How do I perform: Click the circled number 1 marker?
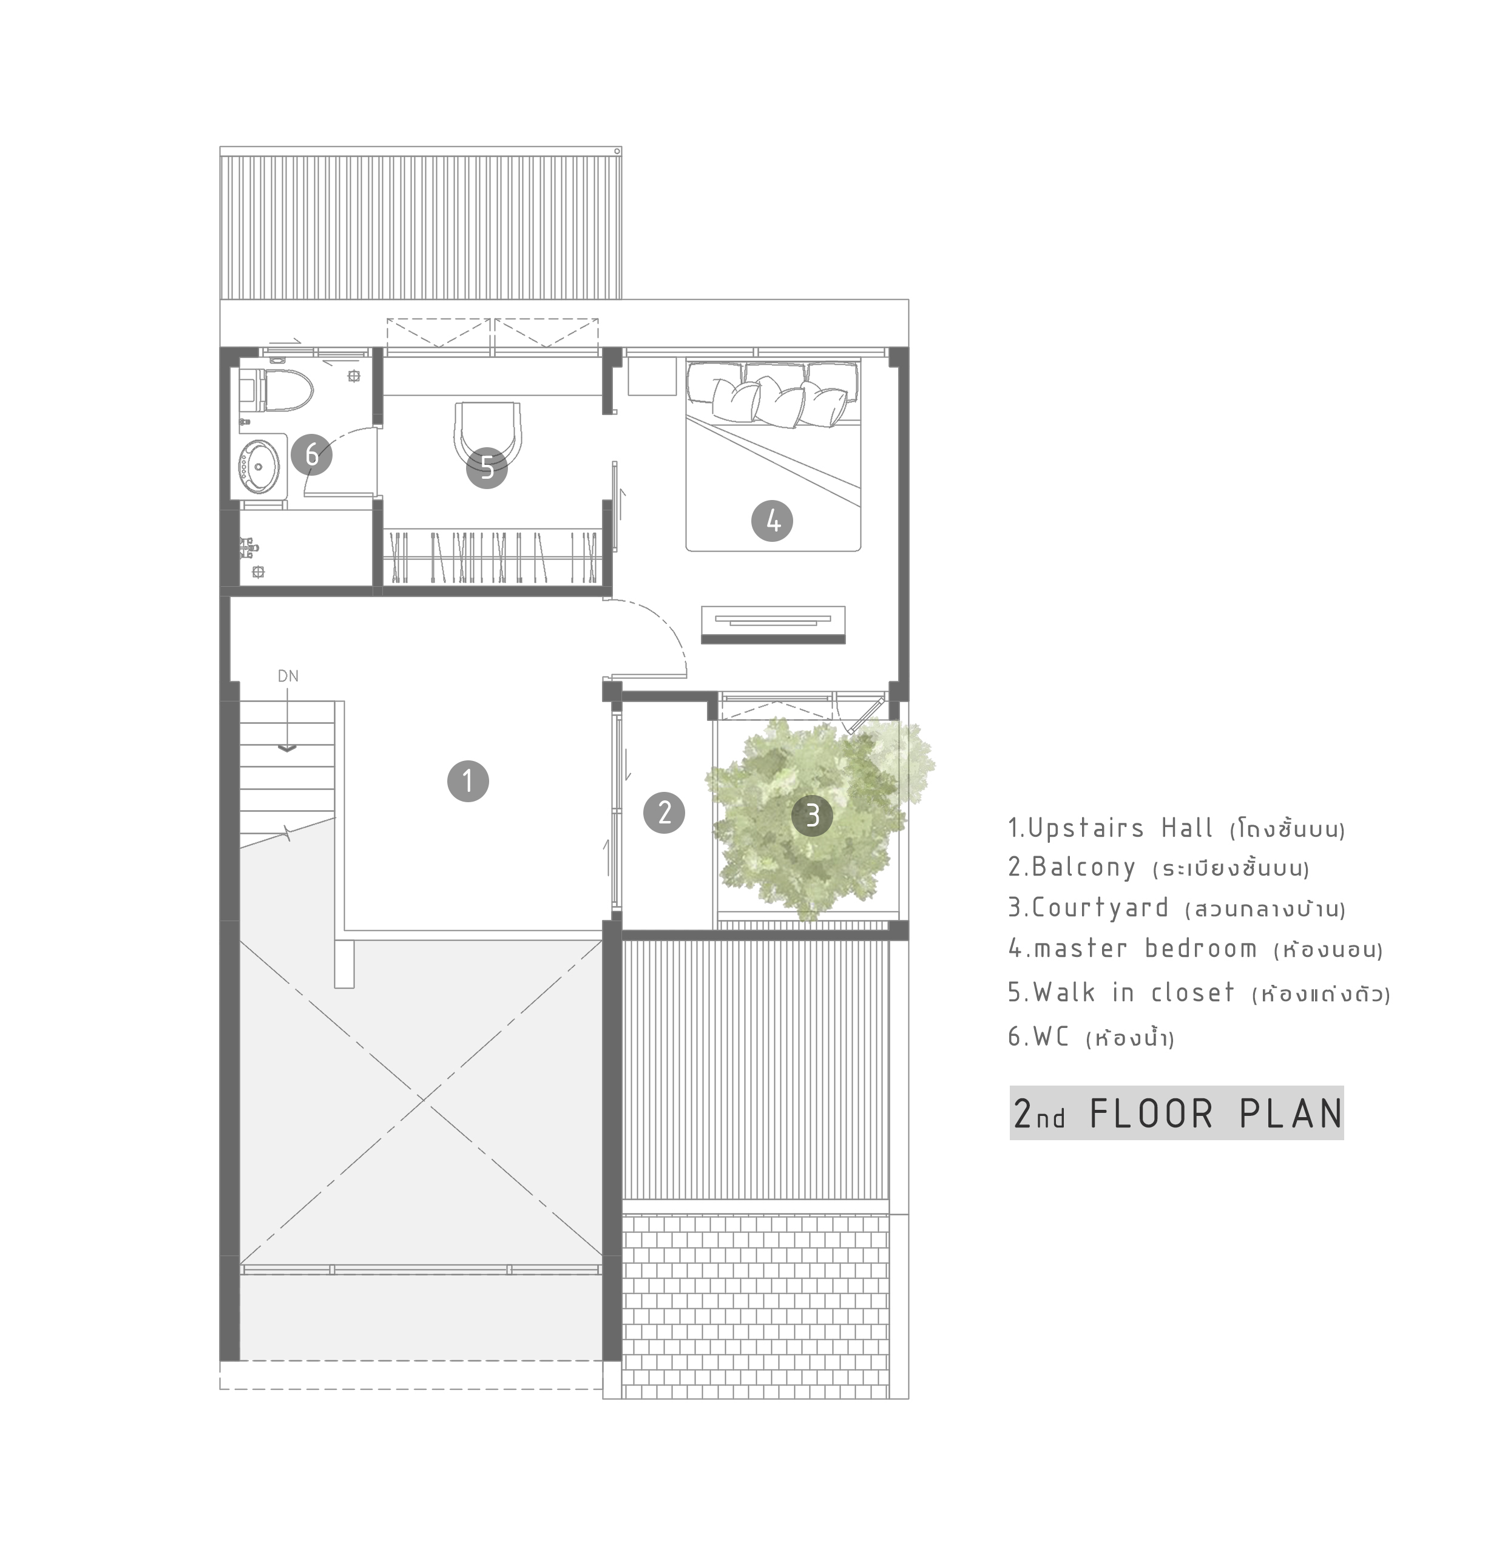pyautogui.click(x=468, y=781)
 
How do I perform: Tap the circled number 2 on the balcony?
pyautogui.click(x=664, y=813)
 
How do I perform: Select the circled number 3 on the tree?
pyautogui.click(x=813, y=815)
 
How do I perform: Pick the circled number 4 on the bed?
pyautogui.click(x=773, y=521)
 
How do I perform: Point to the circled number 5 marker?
pyautogui.click(x=487, y=468)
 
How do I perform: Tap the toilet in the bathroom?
pyautogui.click(x=276, y=391)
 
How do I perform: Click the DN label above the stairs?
pyautogui.click(x=288, y=676)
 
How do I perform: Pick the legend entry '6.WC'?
pyautogui.click(x=1039, y=1036)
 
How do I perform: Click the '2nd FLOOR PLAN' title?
pyautogui.click(x=1177, y=1113)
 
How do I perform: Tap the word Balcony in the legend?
pyautogui.click(x=1083, y=867)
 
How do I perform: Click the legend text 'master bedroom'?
pyautogui.click(x=1145, y=948)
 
